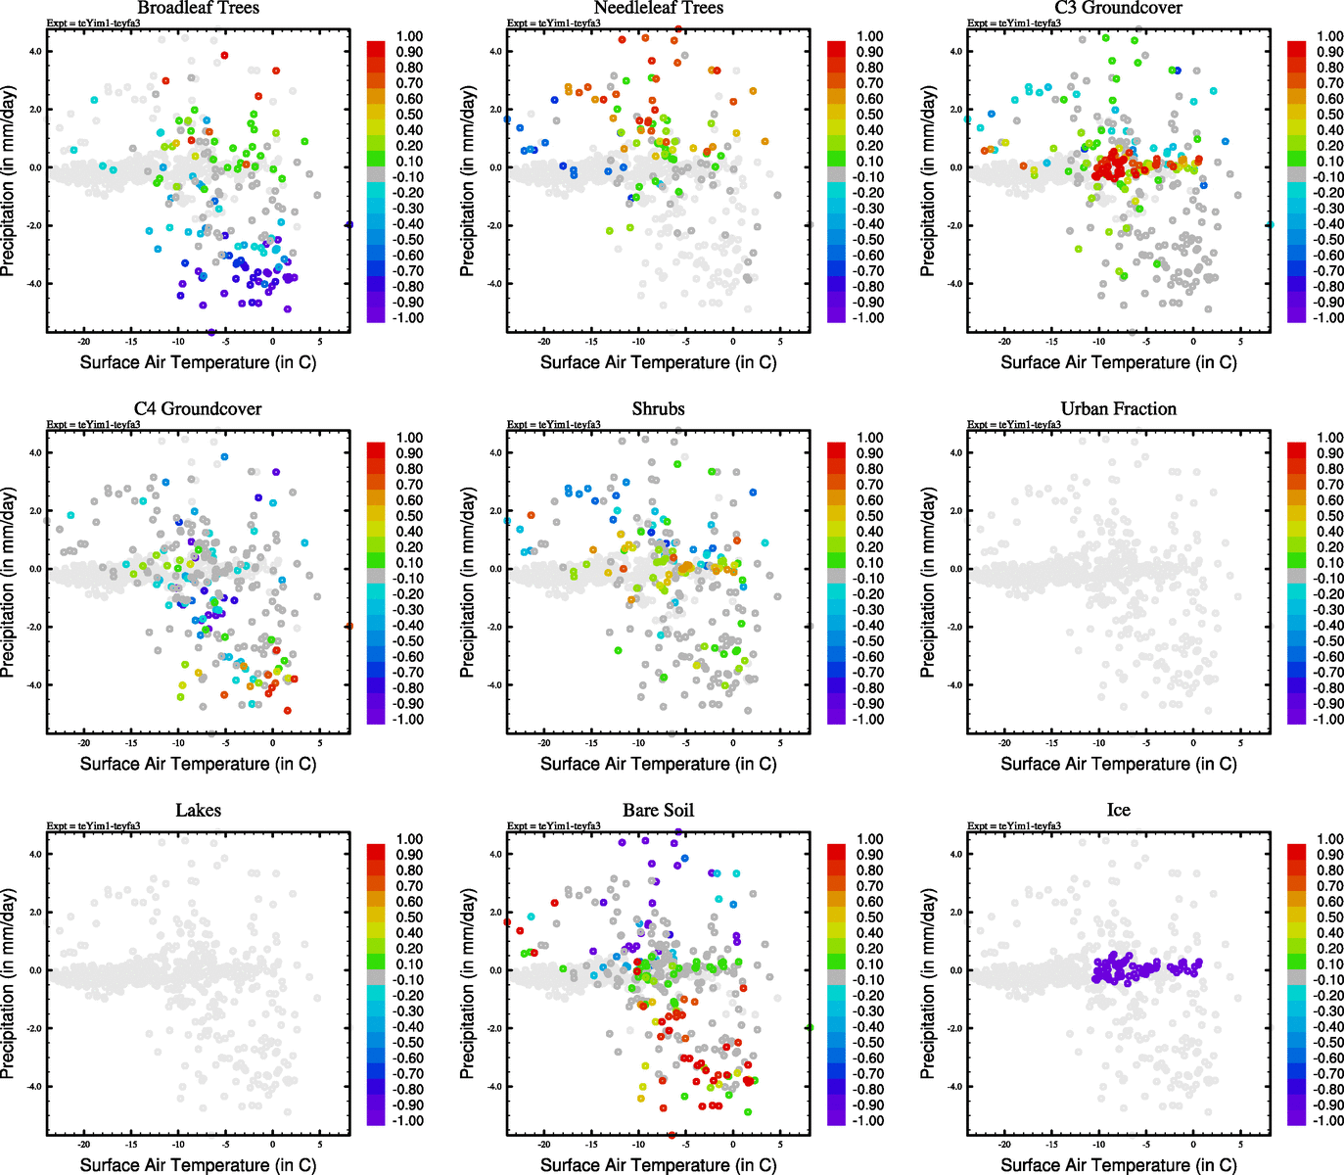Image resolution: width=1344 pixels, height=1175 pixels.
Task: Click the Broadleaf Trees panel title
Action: [198, 8]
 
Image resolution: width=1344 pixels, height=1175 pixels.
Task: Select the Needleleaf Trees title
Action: [658, 8]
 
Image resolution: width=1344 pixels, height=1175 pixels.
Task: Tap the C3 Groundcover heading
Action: [1118, 8]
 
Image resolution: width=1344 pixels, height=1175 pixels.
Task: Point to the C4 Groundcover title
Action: [198, 409]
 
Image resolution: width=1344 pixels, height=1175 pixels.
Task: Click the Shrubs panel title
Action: [658, 409]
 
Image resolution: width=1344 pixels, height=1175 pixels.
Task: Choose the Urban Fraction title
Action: [1118, 409]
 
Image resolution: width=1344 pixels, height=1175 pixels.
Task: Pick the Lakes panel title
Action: [198, 811]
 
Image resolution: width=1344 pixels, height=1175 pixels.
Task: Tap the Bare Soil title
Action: [658, 811]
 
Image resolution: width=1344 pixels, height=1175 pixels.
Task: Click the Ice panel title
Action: [1118, 811]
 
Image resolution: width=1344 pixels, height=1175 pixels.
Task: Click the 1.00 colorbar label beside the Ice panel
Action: [1329, 839]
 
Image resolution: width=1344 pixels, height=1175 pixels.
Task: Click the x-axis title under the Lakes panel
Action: [198, 1165]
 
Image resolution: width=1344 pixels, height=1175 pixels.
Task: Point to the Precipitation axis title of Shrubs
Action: [468, 583]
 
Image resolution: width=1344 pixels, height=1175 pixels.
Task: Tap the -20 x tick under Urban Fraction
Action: [1004, 744]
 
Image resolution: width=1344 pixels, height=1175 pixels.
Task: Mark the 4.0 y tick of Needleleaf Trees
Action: [495, 52]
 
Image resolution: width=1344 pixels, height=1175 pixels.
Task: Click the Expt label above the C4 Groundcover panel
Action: [93, 425]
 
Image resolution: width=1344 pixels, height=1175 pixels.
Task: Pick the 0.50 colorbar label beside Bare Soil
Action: [870, 917]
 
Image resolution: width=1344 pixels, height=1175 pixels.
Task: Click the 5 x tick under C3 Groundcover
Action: [1240, 343]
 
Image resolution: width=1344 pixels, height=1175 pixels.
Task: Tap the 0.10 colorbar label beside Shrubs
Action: [870, 563]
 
